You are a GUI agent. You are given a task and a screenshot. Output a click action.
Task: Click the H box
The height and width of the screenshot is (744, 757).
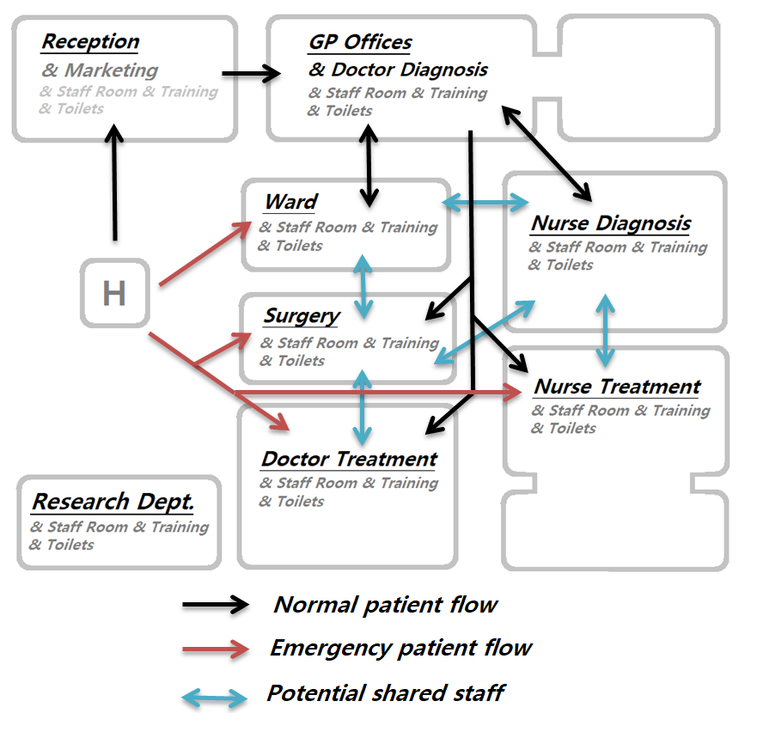(114, 294)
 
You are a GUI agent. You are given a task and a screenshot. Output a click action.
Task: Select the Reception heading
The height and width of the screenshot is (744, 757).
(90, 41)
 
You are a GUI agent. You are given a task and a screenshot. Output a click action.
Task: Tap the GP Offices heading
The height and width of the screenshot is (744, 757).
(360, 42)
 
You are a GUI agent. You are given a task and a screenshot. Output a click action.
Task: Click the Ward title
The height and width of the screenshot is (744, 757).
(290, 202)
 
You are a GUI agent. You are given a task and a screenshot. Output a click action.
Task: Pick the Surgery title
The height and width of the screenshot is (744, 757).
(302, 316)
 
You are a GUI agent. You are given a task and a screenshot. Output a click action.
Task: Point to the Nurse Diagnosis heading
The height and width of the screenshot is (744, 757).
(611, 223)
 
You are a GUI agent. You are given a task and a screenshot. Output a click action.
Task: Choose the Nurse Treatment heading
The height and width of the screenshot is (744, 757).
(617, 387)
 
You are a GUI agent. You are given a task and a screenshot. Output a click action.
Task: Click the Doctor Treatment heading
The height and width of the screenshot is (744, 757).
(349, 459)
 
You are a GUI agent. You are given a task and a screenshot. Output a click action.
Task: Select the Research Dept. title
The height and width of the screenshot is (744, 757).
(113, 501)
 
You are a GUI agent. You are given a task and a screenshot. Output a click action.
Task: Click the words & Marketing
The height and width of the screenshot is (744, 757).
(100, 70)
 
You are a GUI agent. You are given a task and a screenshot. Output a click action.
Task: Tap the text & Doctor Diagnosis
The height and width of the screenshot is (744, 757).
(398, 70)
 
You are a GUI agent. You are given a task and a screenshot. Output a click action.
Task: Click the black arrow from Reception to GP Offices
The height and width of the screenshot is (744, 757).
(251, 74)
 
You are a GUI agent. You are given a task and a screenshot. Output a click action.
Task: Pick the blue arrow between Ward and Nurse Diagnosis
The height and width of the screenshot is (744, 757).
(485, 203)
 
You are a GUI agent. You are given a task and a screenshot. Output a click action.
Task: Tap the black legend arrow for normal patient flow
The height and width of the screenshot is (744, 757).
(216, 605)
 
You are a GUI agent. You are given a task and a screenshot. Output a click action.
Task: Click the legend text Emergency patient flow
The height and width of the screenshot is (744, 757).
(401, 647)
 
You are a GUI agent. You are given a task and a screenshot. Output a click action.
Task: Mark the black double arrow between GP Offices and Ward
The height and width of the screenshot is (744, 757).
(369, 166)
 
